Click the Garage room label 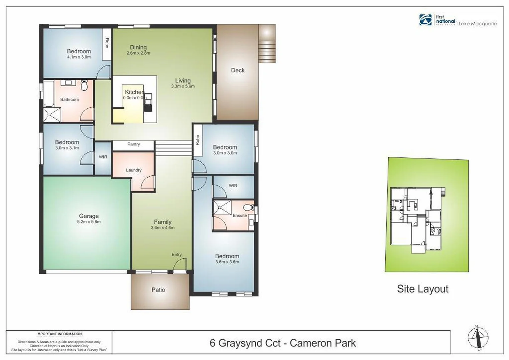click(x=89, y=216)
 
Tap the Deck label click(x=237, y=70)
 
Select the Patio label click(x=158, y=290)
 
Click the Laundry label click(x=133, y=170)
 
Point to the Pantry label click(x=133, y=144)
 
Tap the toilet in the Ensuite click(x=248, y=208)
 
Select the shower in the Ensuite click(x=222, y=207)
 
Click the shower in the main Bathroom click(x=52, y=115)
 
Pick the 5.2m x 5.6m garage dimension click(x=89, y=222)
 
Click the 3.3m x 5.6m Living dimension click(x=183, y=86)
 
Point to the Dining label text click(x=138, y=47)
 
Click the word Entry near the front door click(x=176, y=255)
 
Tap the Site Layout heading click(x=422, y=289)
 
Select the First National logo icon click(x=425, y=20)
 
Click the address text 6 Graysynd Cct click(x=245, y=343)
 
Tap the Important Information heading click(x=59, y=334)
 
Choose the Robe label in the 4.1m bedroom click(x=107, y=43)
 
